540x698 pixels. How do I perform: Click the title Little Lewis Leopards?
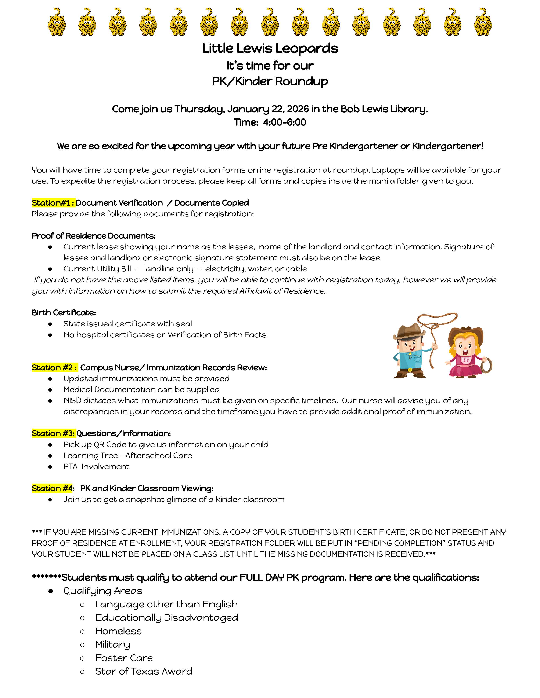[x=270, y=49]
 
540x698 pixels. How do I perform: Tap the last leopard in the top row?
[x=483, y=22]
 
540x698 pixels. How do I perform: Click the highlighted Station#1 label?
[x=53, y=203]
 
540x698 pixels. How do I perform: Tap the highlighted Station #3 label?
[x=53, y=433]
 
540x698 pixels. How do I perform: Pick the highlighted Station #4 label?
[x=53, y=488]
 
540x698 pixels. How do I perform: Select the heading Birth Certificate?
[x=64, y=313]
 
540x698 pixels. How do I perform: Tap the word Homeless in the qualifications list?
[x=118, y=631]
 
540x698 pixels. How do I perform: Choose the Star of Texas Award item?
[x=144, y=671]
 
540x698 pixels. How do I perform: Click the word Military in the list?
[x=113, y=645]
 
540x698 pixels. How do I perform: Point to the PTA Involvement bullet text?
[x=96, y=467]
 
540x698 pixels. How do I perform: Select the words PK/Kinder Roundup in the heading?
[x=270, y=81]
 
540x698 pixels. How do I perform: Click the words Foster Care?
[x=124, y=658]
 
